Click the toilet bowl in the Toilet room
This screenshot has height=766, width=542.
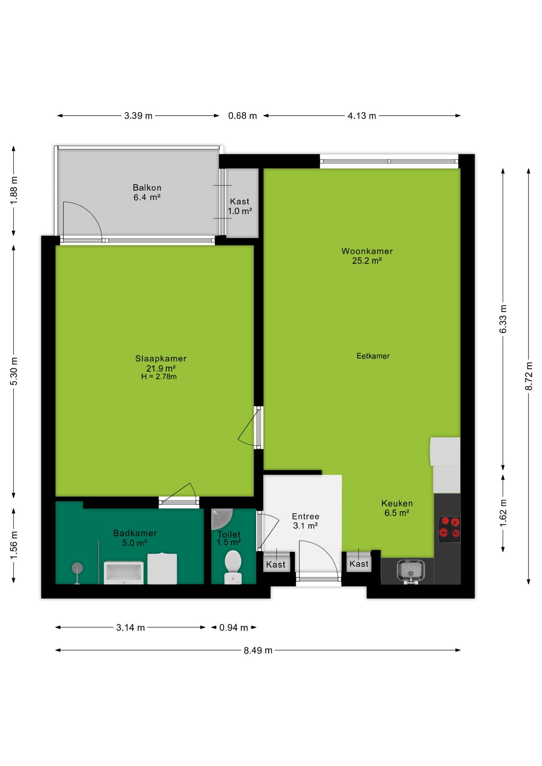(x=233, y=567)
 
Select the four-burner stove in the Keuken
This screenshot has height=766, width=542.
(x=449, y=529)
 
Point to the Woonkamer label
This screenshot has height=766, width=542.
(x=367, y=251)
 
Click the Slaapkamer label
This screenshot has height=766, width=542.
(x=161, y=358)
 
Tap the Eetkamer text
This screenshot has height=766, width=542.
(x=373, y=356)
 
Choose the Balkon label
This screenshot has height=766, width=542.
(x=147, y=188)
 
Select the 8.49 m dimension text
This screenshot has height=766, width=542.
(x=258, y=650)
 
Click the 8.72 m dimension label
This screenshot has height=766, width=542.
(x=529, y=376)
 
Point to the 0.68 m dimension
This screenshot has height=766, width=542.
(x=242, y=116)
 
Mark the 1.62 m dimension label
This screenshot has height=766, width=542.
(x=503, y=513)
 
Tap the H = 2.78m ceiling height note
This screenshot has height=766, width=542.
(x=159, y=377)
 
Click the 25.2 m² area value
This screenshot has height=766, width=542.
(x=367, y=261)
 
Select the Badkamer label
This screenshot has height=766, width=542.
(x=135, y=533)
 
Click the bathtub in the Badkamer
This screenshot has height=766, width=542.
(x=124, y=573)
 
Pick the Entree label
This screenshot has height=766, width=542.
(x=306, y=516)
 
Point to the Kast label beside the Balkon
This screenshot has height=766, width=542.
(x=239, y=201)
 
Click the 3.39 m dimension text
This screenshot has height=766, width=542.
(x=138, y=116)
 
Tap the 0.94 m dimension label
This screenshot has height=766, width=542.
(x=233, y=628)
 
